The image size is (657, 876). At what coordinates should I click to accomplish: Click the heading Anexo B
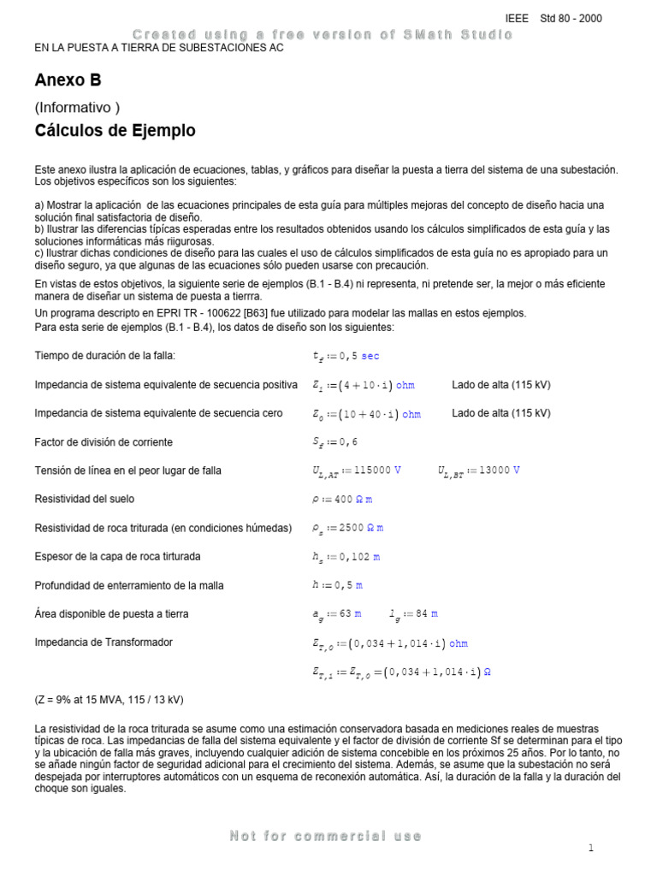coord(68,80)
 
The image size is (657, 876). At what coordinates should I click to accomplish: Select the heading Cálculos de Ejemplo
coord(115,131)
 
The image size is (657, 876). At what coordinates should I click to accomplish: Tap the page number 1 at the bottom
coord(590,848)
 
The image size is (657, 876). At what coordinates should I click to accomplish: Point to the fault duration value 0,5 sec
coord(346,356)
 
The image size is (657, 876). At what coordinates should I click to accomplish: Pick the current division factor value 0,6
coord(339,442)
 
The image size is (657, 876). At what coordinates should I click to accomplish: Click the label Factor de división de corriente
coord(104,442)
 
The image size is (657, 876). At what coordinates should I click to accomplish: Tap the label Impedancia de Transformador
coord(104,642)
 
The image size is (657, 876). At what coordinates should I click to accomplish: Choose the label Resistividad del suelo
coord(84,499)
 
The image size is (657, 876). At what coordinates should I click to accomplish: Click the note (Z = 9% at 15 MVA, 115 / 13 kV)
coord(109,700)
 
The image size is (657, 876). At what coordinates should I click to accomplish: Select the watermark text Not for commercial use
coord(326,836)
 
